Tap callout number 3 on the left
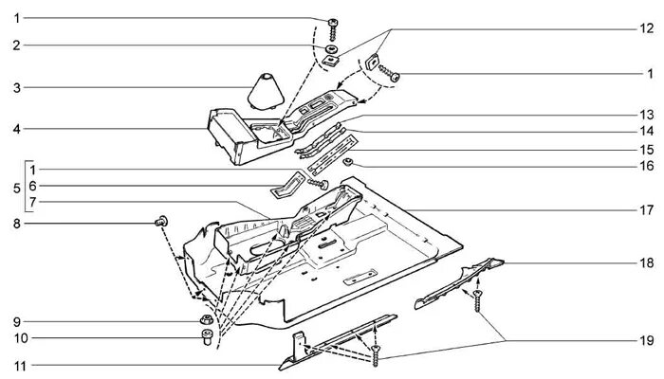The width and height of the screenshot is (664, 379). click(16, 88)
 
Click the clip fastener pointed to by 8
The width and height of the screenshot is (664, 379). click(160, 222)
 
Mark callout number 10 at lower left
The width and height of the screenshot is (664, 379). click(16, 338)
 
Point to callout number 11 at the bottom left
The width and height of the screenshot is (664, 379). click(16, 364)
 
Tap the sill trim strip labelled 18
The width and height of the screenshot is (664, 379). click(460, 282)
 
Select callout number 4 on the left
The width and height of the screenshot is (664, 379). click(16, 128)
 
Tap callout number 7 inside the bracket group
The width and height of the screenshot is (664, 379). click(31, 202)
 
